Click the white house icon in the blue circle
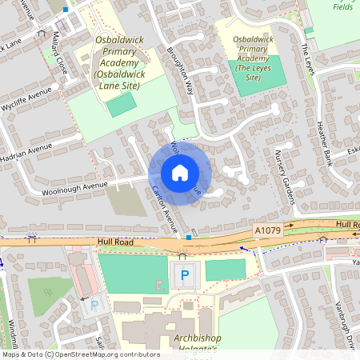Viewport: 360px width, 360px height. pyautogui.click(x=180, y=172)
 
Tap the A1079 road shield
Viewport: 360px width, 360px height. pyautogui.click(x=268, y=230)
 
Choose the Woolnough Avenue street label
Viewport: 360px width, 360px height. pyautogui.click(x=76, y=186)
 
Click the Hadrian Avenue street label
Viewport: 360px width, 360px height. pyautogui.click(x=29, y=150)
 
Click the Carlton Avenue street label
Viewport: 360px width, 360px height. pyautogui.click(x=165, y=210)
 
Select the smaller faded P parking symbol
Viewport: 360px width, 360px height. pyautogui.click(x=94, y=305)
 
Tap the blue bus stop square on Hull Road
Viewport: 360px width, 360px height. pyautogui.click(x=188, y=238)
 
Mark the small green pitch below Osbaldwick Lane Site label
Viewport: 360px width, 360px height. pyautogui.click(x=121, y=104)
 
